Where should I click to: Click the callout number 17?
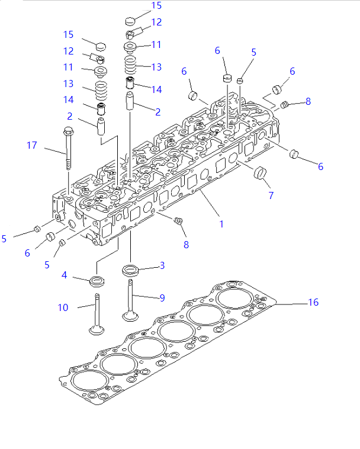pos(32,145)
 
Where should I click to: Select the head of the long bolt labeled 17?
pos(67,132)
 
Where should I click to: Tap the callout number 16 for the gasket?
pos(313,303)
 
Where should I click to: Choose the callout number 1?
pos(221,224)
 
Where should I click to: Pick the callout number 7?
pos(271,195)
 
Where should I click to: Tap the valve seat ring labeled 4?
pos(97,280)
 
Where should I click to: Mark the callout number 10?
pos(63,307)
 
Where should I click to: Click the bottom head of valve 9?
pos(130,314)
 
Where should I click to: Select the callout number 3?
pos(162,266)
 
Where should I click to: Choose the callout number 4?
pos(64,275)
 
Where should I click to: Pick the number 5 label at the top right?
pos(253,52)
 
